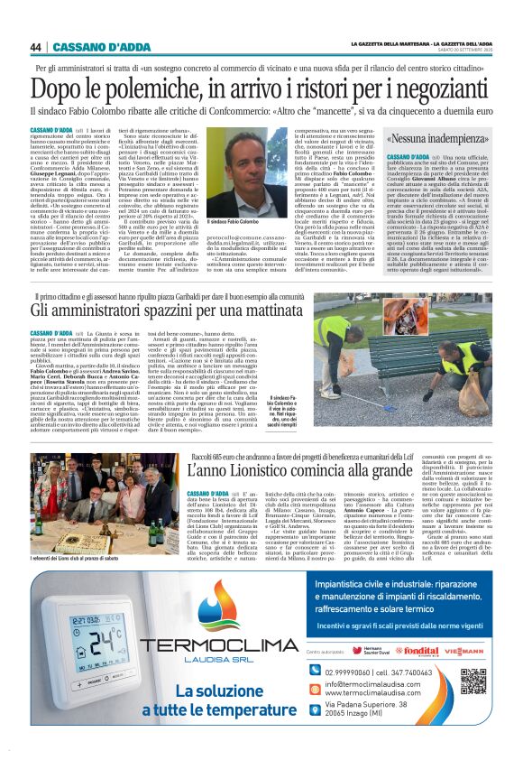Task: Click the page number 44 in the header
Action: (x=36, y=47)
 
